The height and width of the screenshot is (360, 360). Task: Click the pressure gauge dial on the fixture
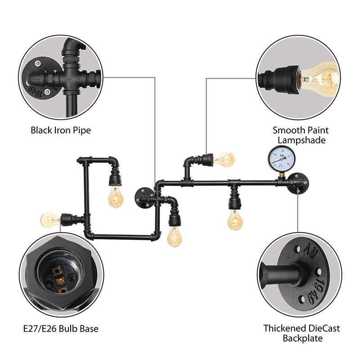pyautogui.click(x=277, y=158)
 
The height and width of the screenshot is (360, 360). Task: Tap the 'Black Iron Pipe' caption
pyautogui.click(x=61, y=130)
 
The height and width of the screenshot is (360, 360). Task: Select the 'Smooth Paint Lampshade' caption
pyautogui.click(x=301, y=135)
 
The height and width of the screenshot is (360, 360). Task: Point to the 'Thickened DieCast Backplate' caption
pyautogui.click(x=301, y=333)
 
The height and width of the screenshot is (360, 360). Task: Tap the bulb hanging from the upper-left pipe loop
pyautogui.click(x=116, y=197)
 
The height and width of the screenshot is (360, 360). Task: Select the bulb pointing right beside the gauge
pyautogui.click(x=225, y=159)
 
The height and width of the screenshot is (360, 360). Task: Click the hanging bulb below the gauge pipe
pyautogui.click(x=234, y=220)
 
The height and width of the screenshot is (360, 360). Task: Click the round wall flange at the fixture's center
pyautogui.click(x=144, y=198)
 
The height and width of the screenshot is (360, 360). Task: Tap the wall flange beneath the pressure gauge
pyautogui.click(x=299, y=182)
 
